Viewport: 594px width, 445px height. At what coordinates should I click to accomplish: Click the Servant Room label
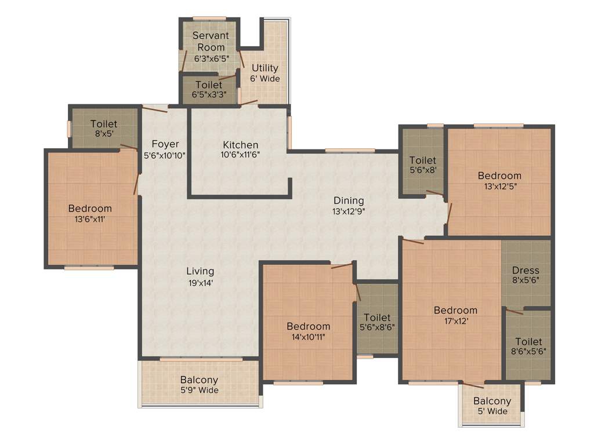point(211,41)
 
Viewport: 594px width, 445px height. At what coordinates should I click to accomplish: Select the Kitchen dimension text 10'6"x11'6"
point(240,155)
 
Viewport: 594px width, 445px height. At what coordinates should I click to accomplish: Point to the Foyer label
point(165,144)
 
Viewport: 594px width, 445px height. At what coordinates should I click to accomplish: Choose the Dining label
point(348,200)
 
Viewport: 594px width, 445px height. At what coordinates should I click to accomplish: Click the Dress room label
point(526,270)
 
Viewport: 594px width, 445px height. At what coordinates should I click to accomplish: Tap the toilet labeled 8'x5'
point(104,129)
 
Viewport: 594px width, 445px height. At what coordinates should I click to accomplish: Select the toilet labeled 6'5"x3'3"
point(209,90)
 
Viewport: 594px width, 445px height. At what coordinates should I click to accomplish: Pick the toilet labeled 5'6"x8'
point(422,165)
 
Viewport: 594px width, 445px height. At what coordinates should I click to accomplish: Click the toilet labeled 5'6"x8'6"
point(377,323)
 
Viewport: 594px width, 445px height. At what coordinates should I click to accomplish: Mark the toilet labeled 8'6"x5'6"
point(528,346)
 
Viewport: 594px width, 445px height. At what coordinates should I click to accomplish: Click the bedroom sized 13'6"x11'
point(90,214)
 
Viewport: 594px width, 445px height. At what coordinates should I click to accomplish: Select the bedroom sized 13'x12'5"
point(499,181)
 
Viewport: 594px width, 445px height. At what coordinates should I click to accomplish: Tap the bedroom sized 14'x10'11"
point(309,331)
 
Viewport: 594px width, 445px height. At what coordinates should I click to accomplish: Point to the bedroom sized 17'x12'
point(455,315)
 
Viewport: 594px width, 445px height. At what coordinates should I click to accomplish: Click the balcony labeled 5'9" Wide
point(199,385)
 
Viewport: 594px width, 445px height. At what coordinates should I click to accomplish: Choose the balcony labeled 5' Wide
point(492,406)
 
